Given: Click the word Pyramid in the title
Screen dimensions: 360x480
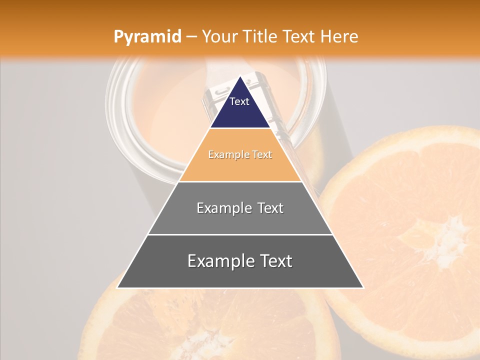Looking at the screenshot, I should (147, 36).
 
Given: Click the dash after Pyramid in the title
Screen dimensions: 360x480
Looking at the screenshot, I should (191, 37).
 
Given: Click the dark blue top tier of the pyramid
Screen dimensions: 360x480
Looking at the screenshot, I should (240, 107).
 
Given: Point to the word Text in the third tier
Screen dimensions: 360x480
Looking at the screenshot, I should (270, 208).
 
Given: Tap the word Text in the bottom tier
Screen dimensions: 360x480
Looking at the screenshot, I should (276, 261).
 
